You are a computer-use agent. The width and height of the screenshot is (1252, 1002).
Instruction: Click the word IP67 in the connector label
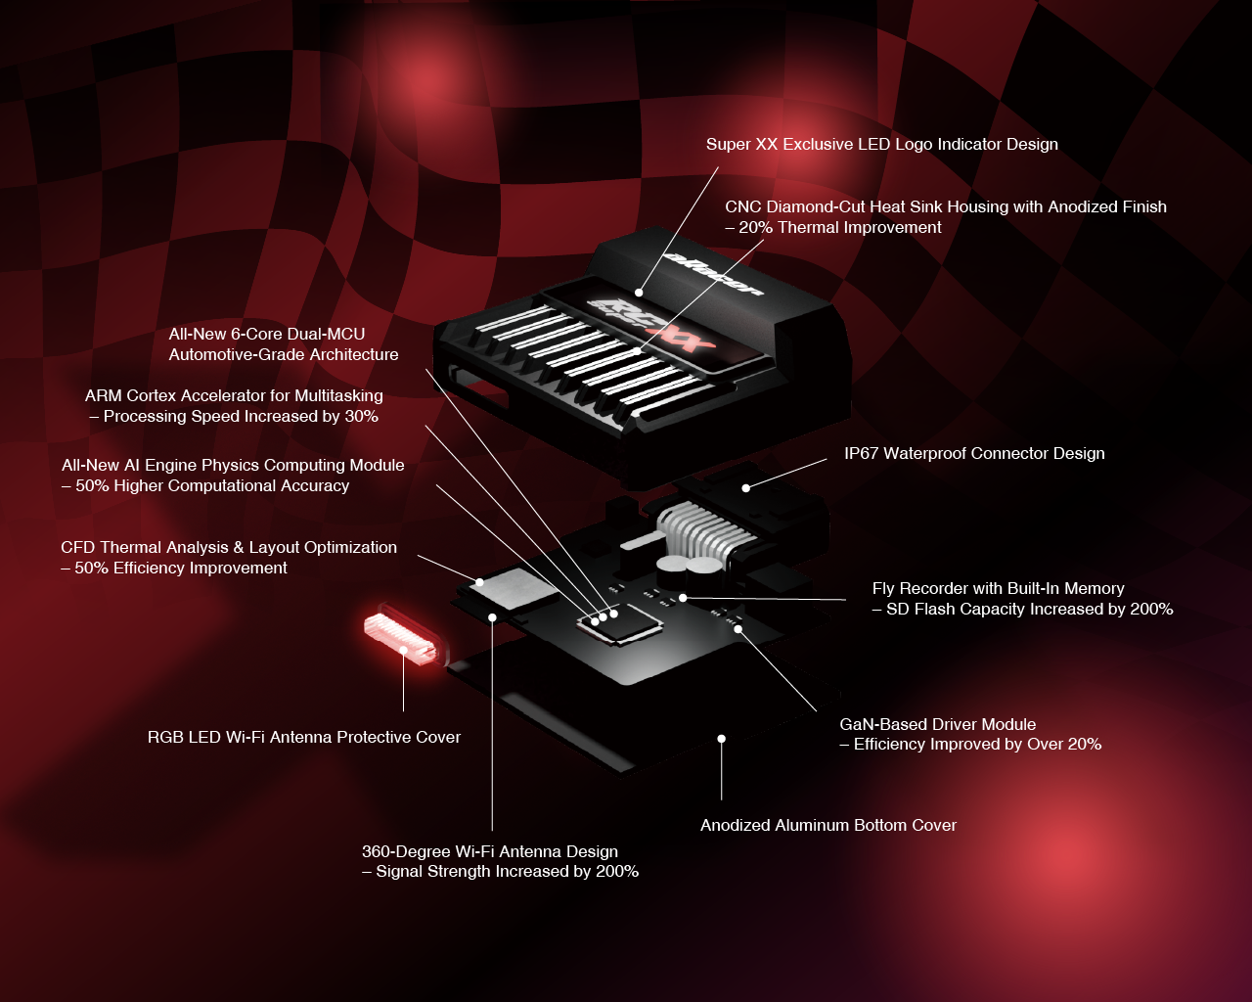[861, 454]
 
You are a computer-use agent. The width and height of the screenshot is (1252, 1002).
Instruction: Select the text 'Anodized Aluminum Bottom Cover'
[827, 825]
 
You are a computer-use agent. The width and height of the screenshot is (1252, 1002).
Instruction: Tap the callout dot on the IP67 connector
[746, 488]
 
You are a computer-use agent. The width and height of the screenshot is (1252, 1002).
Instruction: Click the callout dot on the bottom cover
[722, 738]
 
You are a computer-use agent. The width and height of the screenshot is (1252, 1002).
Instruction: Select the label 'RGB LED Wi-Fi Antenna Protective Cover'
[303, 737]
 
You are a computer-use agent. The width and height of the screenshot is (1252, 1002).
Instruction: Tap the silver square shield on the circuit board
[514, 589]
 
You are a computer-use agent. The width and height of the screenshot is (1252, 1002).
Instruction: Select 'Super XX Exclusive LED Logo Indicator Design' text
[882, 145]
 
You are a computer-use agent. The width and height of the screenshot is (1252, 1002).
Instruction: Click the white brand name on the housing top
[713, 273]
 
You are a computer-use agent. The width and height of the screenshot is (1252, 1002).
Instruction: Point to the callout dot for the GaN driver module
[738, 629]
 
